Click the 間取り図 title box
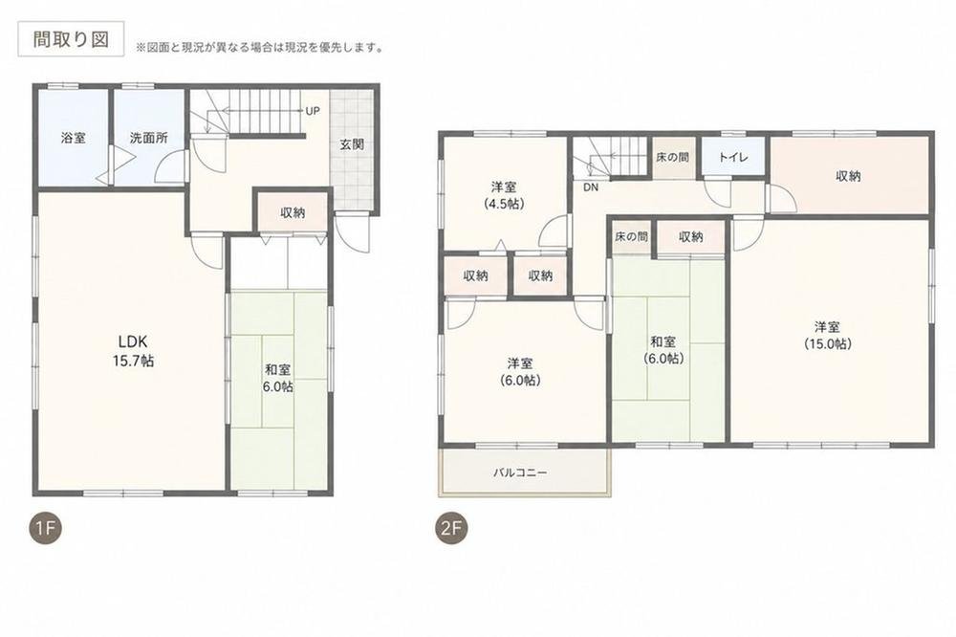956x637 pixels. pos(71,39)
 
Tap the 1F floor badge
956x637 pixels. pos(46,529)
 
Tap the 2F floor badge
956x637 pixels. pos(451,529)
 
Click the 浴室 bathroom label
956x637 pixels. pos(74,138)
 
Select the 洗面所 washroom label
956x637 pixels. pos(149,138)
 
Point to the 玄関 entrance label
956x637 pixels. pos(352,144)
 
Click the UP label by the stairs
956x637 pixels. pos(313,112)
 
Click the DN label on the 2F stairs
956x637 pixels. pos(590,187)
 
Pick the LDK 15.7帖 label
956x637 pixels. pos(133,350)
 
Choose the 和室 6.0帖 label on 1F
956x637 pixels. pos(278,378)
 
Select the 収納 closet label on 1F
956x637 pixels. pos(293,213)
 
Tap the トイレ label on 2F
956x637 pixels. pos(733,158)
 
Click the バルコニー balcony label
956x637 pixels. pos(520,472)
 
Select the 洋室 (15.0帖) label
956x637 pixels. pos(828,335)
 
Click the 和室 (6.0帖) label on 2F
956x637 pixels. pos(663,350)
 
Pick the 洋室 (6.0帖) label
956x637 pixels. pos(520,371)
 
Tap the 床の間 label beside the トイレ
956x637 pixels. pos(672,158)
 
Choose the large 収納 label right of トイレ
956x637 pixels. pos(848,176)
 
